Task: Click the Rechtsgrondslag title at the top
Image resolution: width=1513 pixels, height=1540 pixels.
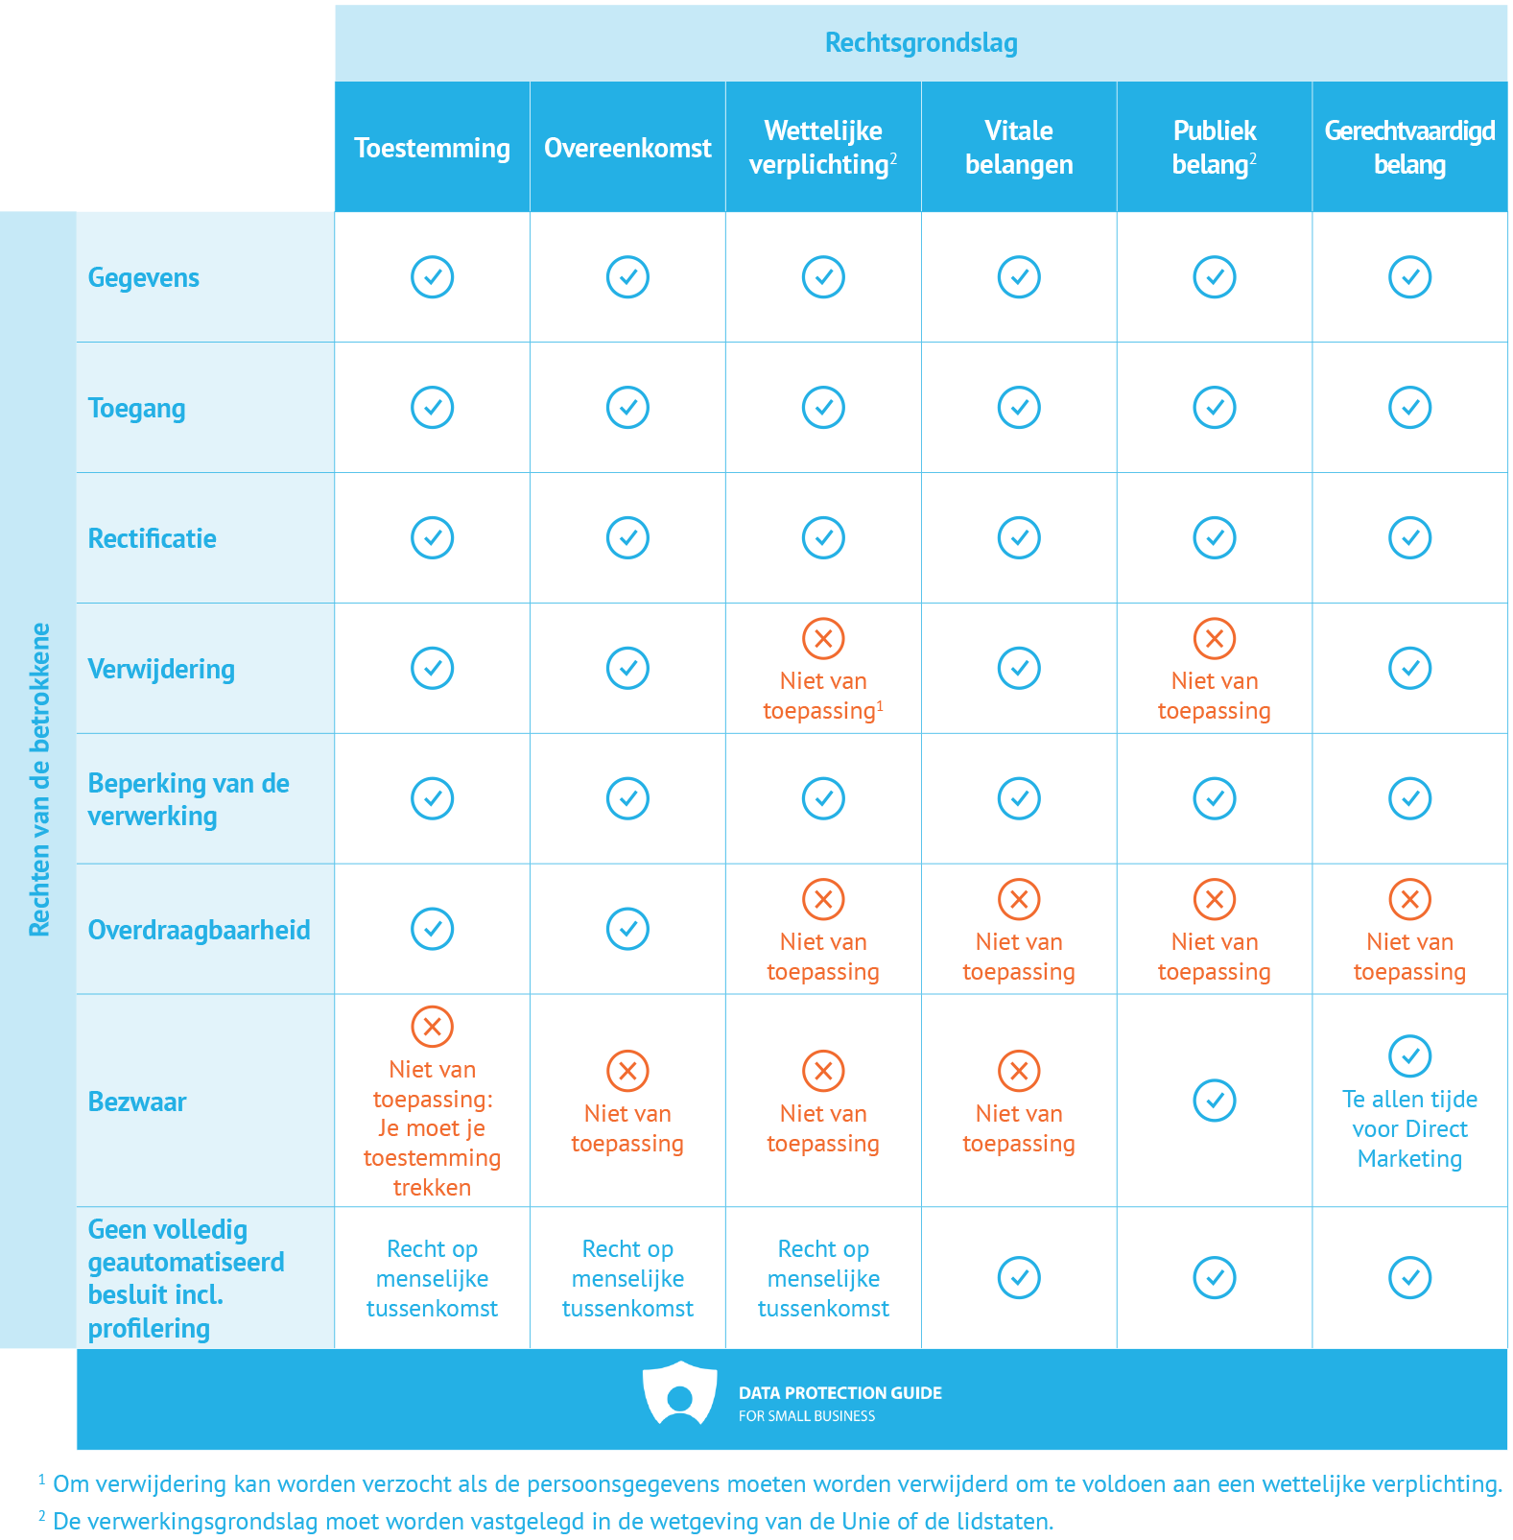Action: coord(920,43)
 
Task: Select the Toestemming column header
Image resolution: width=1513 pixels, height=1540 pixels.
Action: coord(432,148)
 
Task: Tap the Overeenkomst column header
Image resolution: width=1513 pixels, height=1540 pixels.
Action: coord(627,148)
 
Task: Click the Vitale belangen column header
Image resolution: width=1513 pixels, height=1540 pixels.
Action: coord(1018,148)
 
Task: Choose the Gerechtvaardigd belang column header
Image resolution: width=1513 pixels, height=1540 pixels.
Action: coord(1408,148)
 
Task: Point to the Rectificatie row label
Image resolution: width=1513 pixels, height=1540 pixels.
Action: coord(152,538)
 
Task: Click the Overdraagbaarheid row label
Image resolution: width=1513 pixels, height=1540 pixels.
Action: coord(199,930)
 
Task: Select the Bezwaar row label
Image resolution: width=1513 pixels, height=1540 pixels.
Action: coord(137,1102)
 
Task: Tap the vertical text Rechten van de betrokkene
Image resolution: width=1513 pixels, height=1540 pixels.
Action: coord(38,779)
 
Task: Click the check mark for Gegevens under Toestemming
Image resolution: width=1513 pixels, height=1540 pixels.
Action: coord(432,277)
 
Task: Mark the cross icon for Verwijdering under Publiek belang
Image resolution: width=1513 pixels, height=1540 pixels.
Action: coord(1214,639)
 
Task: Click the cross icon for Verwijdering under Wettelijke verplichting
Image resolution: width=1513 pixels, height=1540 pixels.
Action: coord(823,639)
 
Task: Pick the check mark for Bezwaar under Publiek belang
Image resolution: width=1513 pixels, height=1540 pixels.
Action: coord(1214,1101)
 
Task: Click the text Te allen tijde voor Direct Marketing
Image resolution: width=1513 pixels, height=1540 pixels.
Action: coord(1408,1128)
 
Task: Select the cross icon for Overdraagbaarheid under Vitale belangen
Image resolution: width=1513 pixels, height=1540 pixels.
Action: coord(1018,900)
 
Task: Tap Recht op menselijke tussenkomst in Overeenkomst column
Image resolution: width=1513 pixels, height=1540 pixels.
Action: coord(627,1278)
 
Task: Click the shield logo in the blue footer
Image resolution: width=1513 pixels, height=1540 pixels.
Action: coord(679,1394)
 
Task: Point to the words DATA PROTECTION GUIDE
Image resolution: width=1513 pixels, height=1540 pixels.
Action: coord(839,1393)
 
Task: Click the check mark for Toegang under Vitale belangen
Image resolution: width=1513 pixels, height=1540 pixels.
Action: coord(1018,408)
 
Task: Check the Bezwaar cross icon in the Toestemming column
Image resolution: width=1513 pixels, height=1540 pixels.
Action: coord(432,1027)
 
